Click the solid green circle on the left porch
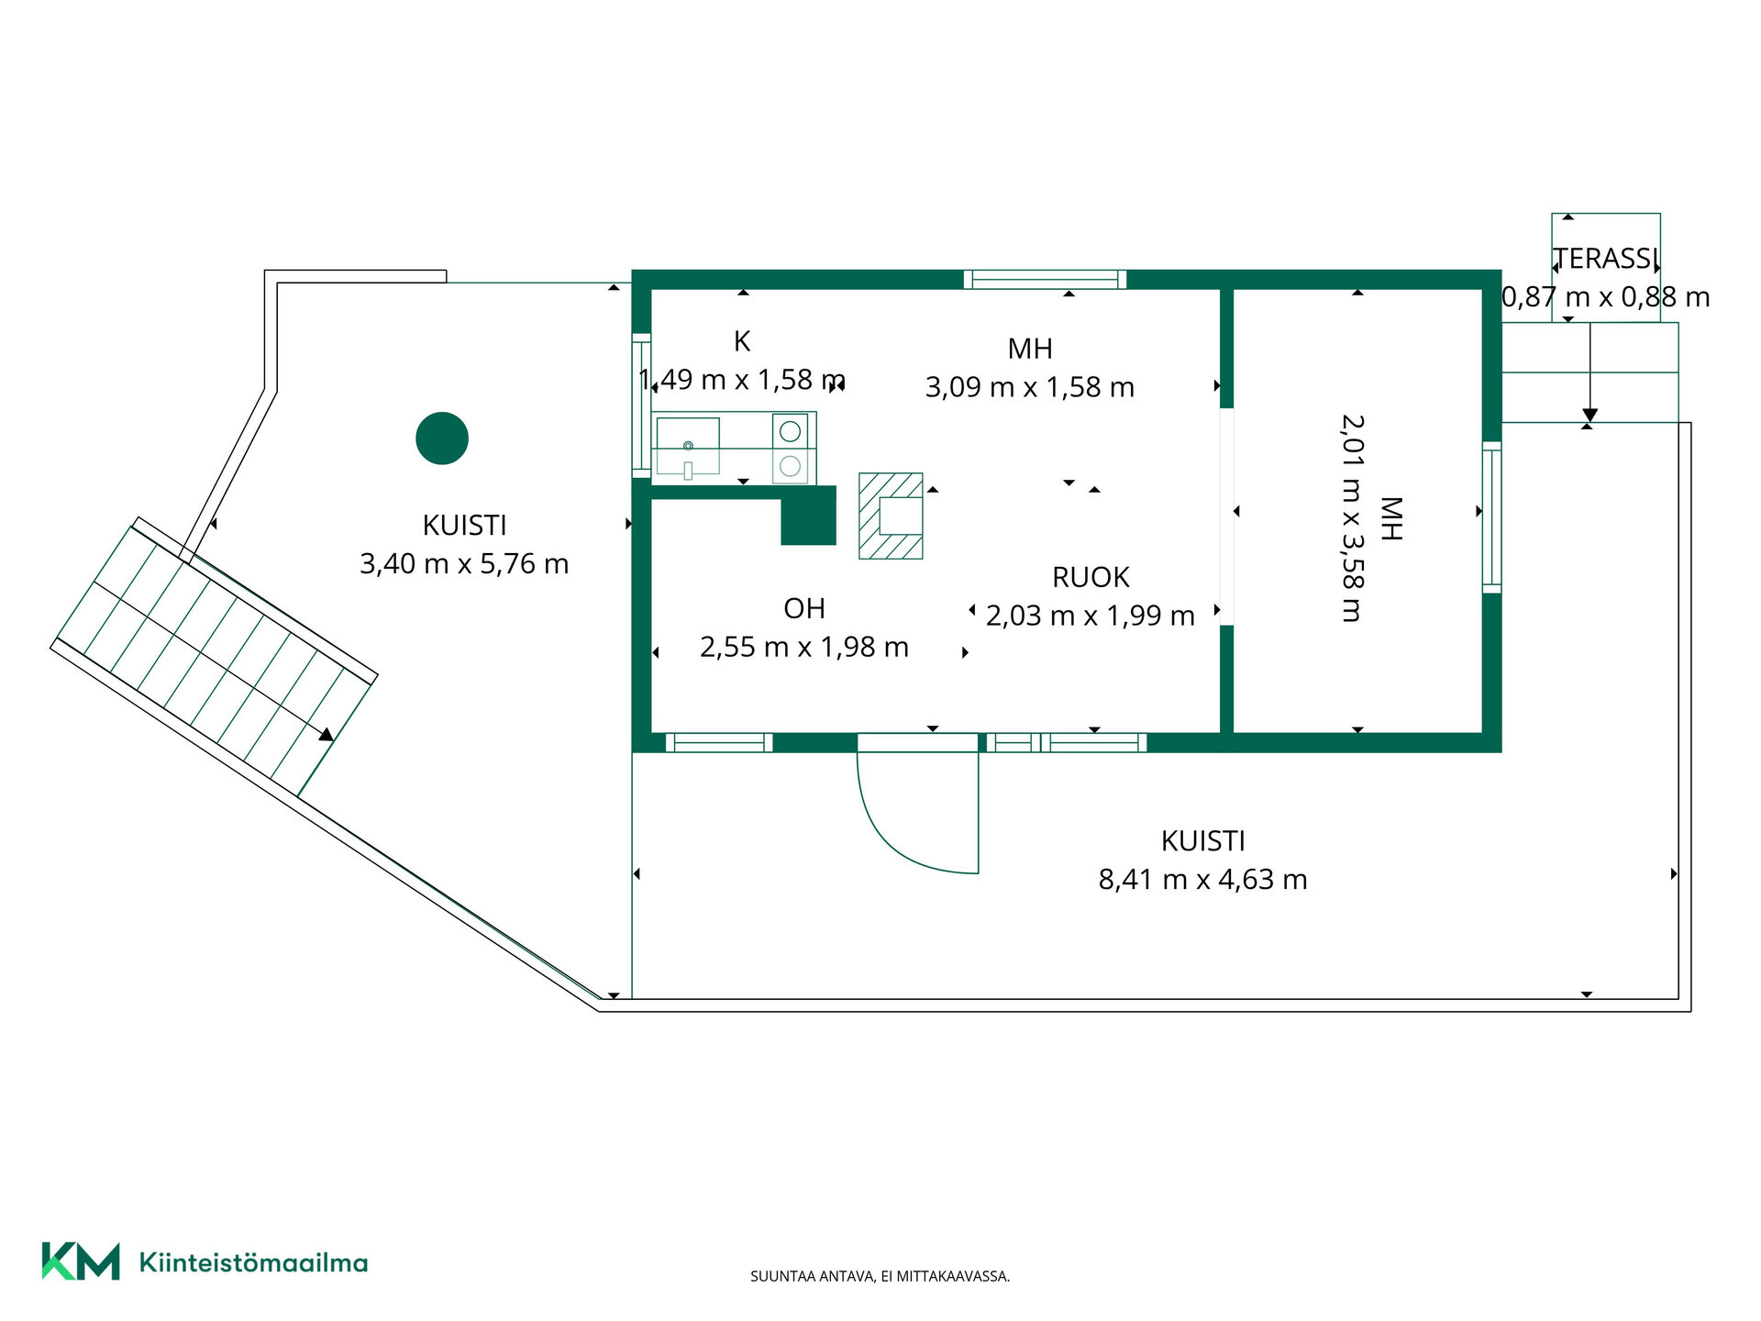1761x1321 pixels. pyautogui.click(x=442, y=438)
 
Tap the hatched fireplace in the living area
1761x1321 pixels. pyautogui.click(x=891, y=516)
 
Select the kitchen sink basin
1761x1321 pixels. pyautogui.click(x=688, y=447)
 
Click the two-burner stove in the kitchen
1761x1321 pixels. pyautogui.click(x=790, y=449)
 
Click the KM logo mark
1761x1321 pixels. pyautogui.click(x=81, y=1261)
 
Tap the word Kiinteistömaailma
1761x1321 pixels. pyautogui.click(x=253, y=1262)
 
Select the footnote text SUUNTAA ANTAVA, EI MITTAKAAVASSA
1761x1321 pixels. pyautogui.click(x=880, y=1276)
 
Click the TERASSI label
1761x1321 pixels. pyautogui.click(x=1606, y=259)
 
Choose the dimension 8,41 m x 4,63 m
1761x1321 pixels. pyautogui.click(x=1202, y=880)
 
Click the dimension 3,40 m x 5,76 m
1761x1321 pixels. pyautogui.click(x=464, y=563)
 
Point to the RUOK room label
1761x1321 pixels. pyautogui.click(x=1091, y=577)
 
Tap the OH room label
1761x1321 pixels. pyautogui.click(x=804, y=608)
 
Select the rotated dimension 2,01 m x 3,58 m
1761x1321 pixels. pyautogui.click(x=1352, y=518)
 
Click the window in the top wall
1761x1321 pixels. pyautogui.click(x=1045, y=279)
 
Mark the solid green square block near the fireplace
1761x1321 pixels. pyautogui.click(x=808, y=516)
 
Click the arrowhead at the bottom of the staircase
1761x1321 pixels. pyautogui.click(x=327, y=734)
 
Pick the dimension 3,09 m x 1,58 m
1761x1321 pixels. pyautogui.click(x=1029, y=387)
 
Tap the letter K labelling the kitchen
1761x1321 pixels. pyautogui.click(x=742, y=341)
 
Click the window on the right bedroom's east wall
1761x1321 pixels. pyautogui.click(x=1492, y=517)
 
